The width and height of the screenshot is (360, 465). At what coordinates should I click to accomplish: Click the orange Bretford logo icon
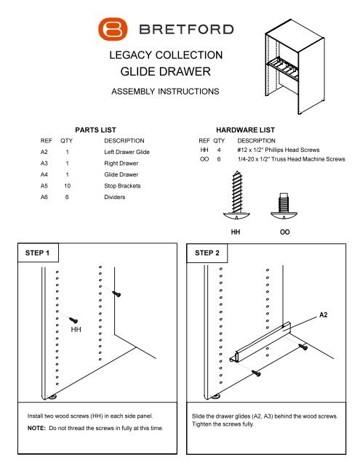click(x=113, y=29)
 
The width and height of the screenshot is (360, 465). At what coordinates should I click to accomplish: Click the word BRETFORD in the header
click(x=186, y=29)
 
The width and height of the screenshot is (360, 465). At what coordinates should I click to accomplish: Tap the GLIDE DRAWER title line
click(x=166, y=71)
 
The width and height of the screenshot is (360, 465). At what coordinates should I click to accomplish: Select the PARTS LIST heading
click(x=95, y=130)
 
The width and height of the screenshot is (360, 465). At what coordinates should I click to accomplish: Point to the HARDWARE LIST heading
click(x=245, y=130)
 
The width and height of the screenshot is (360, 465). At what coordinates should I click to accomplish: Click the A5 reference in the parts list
click(x=44, y=186)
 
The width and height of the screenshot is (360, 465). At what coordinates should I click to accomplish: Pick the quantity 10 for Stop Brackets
click(x=67, y=186)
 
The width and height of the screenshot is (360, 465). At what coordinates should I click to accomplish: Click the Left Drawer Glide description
click(x=127, y=152)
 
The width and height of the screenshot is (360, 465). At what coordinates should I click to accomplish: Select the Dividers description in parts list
click(x=115, y=197)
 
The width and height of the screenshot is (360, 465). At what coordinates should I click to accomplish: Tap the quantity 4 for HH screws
click(x=219, y=150)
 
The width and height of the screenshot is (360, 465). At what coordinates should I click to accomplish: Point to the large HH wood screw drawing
click(x=236, y=195)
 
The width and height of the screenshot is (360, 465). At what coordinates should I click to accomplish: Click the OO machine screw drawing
click(x=284, y=206)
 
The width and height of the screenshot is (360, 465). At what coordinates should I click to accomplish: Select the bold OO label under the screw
click(x=284, y=232)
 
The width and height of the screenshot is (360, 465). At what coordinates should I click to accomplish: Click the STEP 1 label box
click(x=38, y=253)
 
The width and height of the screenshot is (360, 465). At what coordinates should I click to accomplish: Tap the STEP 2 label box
click(x=207, y=253)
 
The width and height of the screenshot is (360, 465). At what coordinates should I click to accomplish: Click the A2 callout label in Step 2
click(x=323, y=315)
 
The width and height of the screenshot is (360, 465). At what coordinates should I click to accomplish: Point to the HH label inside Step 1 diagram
click(x=76, y=329)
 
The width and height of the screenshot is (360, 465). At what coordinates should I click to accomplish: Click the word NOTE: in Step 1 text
click(x=36, y=428)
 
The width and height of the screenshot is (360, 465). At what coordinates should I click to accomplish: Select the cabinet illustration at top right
click(x=295, y=71)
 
